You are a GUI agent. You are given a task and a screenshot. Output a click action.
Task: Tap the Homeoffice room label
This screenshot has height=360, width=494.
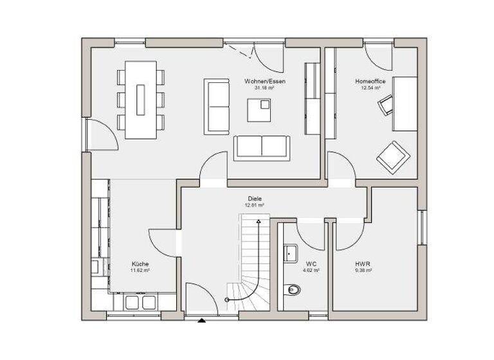(370, 82)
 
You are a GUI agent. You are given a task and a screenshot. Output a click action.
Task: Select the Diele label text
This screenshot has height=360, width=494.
(255, 199)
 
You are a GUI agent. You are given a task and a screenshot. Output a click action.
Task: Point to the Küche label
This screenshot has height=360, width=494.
(140, 264)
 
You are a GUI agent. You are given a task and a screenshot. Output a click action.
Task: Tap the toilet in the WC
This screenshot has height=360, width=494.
(293, 290)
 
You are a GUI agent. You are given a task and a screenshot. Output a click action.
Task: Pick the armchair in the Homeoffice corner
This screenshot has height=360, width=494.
(392, 156)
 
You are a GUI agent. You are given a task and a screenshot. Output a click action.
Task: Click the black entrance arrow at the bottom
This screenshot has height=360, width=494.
(202, 319)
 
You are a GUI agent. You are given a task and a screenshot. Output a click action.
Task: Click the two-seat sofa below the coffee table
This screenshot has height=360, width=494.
(262, 148)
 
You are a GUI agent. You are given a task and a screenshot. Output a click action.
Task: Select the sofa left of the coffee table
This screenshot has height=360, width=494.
(217, 107)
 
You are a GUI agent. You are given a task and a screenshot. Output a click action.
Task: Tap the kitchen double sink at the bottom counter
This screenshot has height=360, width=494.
(141, 302)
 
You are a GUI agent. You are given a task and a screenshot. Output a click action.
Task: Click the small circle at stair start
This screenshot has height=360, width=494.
(227, 300)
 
